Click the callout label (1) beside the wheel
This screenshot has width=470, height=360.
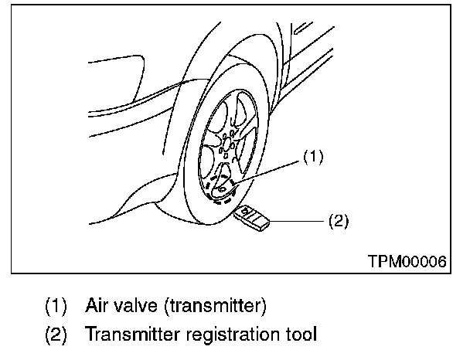312,158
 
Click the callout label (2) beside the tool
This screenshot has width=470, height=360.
339,221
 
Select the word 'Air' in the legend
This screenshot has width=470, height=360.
99,306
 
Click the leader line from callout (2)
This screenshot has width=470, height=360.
298,221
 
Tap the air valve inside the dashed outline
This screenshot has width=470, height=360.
222,188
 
